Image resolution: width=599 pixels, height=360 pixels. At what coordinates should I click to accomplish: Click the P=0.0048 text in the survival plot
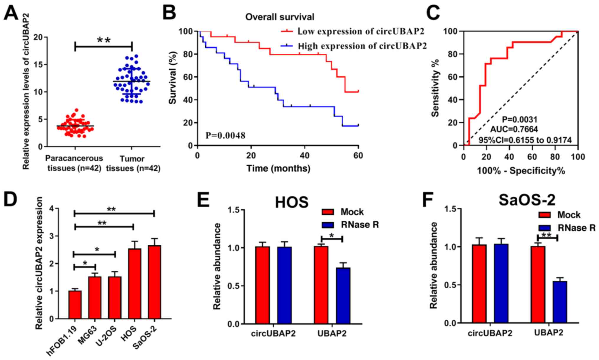coord(225,135)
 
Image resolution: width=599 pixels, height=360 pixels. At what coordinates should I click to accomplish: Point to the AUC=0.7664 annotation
coord(514,129)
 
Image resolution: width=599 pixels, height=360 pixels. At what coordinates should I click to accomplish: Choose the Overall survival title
coord(280,17)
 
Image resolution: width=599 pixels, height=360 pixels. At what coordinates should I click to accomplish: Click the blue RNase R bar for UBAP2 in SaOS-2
coord(560,302)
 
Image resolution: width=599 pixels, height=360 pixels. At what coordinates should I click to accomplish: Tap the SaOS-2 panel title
coord(527,200)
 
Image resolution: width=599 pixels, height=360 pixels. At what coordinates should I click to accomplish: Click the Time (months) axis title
coord(278,168)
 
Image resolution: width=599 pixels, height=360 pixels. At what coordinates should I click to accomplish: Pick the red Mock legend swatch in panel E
coord(328,212)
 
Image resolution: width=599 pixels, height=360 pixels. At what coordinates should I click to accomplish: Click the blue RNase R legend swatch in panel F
coord(544,228)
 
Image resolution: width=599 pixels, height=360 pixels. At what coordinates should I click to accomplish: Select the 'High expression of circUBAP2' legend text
coord(362,46)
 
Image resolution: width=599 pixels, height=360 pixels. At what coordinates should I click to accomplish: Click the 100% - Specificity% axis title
coord(521,171)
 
